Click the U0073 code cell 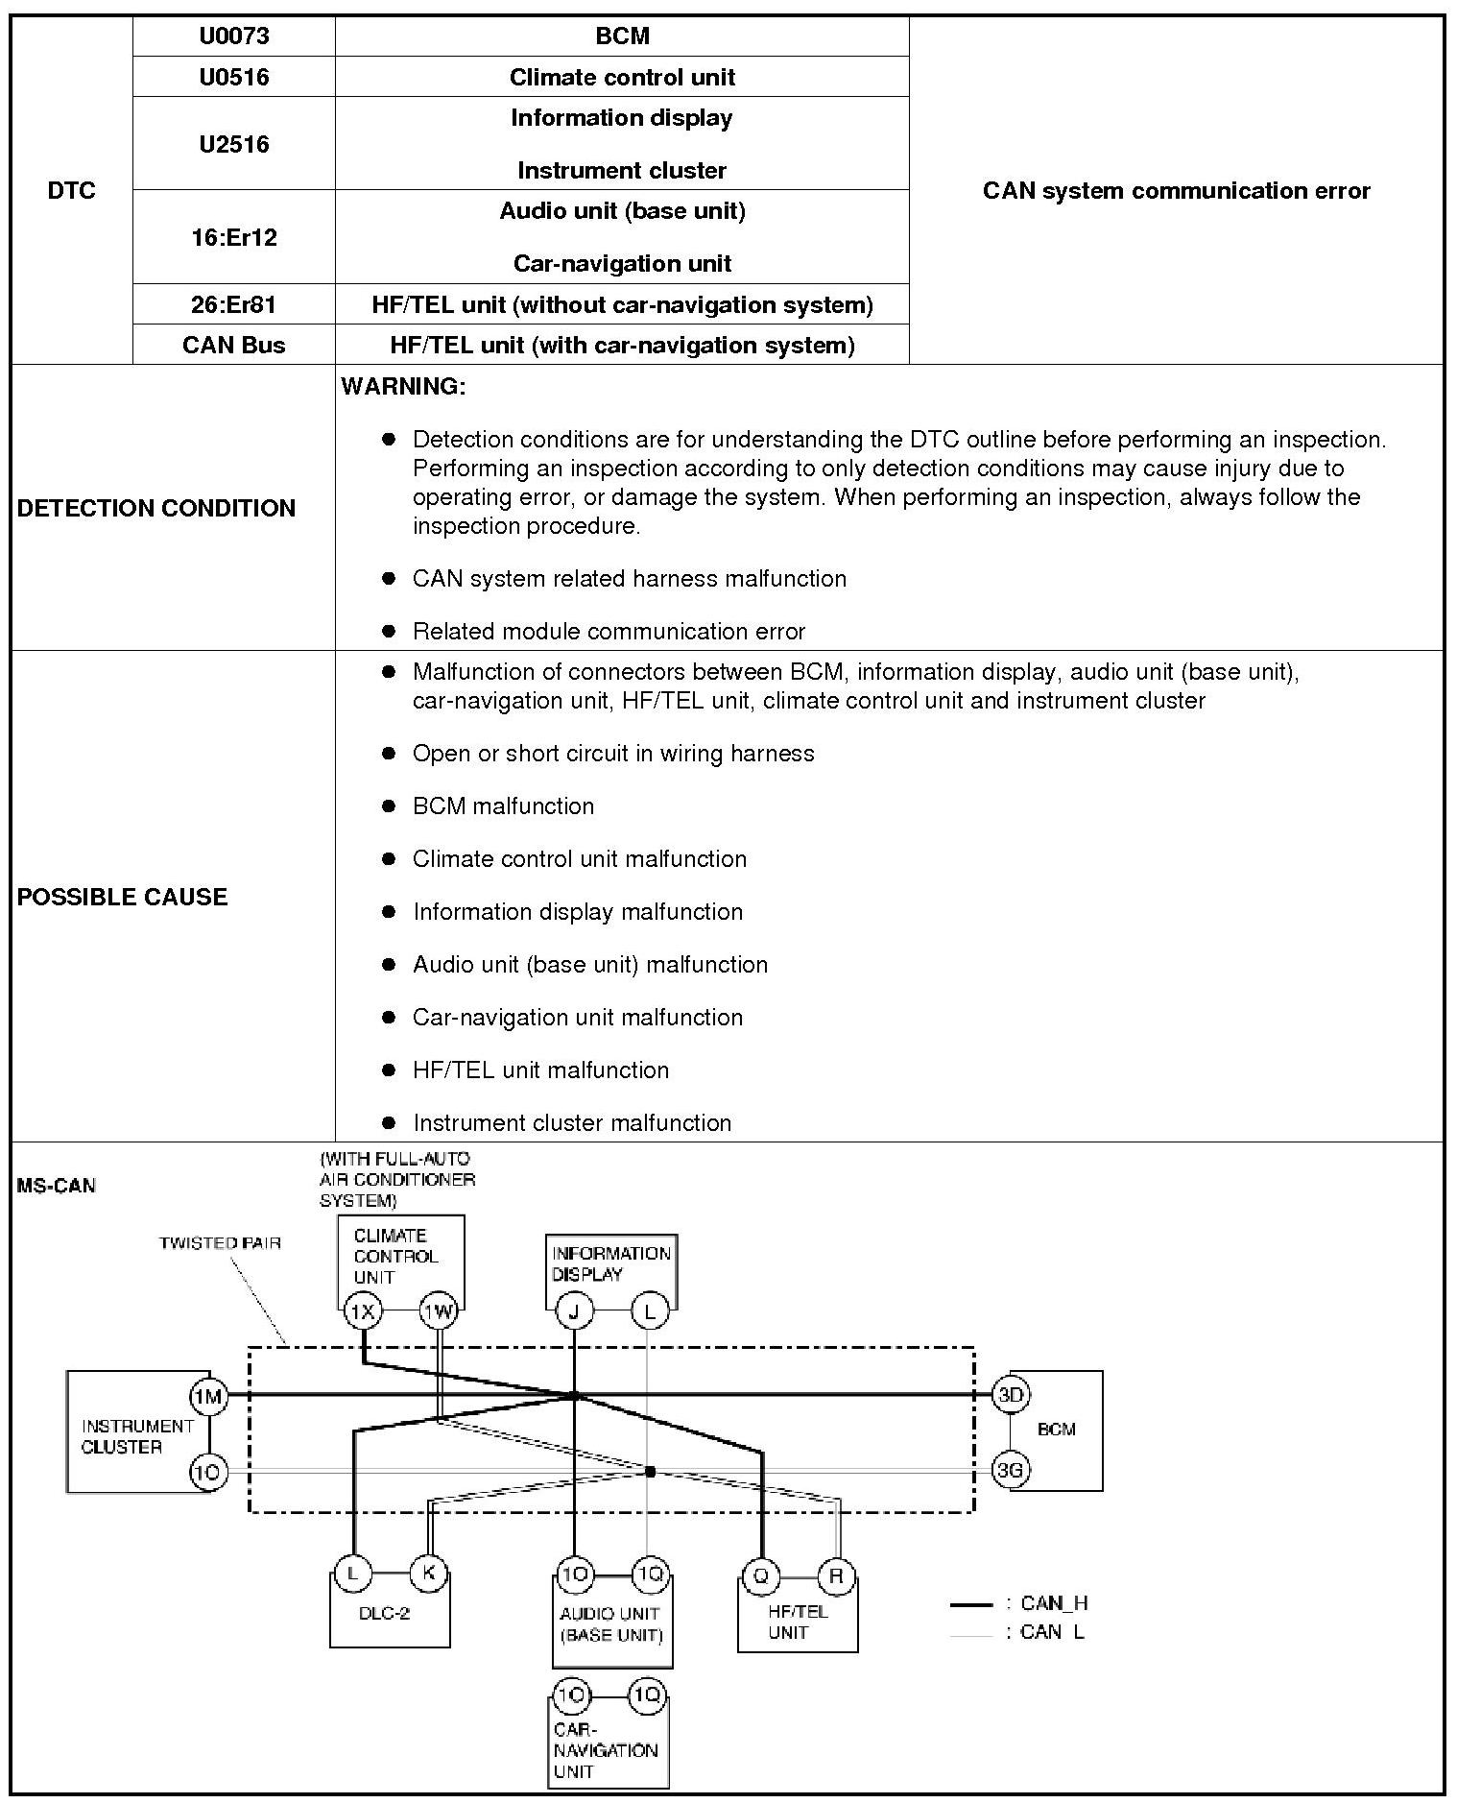tap(234, 36)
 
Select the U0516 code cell tap(234, 77)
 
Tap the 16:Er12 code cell tap(234, 237)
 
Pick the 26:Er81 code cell tap(234, 304)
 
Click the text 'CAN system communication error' tap(1176, 191)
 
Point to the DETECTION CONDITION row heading tap(156, 508)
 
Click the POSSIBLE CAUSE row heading tap(123, 897)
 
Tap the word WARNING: tap(403, 387)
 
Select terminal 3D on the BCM tap(1011, 1394)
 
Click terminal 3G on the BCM tap(1011, 1469)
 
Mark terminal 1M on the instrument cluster tap(207, 1396)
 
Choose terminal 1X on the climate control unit tap(363, 1310)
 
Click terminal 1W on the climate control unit tap(439, 1310)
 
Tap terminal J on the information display tap(574, 1310)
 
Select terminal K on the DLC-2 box tap(428, 1574)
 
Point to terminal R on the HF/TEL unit tap(837, 1575)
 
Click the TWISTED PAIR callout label tap(220, 1242)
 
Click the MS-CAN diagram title tap(57, 1186)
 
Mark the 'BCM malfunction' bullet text tap(503, 806)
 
